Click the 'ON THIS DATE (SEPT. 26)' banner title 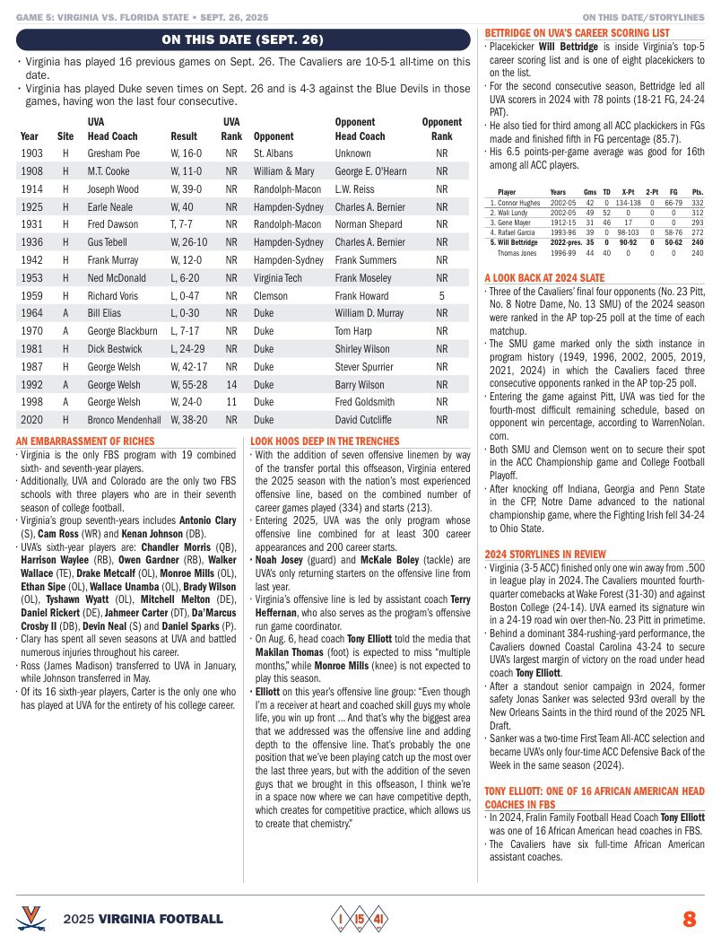(x=243, y=39)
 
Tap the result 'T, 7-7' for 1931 (x=183, y=224)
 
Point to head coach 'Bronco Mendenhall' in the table (x=125, y=419)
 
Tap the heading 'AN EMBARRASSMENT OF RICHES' (x=85, y=441)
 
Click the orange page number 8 (x=689, y=919)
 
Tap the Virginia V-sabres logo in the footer (x=32, y=918)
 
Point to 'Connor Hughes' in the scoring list (x=516, y=204)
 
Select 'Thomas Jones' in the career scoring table (x=517, y=254)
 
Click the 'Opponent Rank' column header (x=441, y=129)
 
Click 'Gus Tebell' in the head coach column (x=109, y=242)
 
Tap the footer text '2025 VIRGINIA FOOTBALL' (x=143, y=920)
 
